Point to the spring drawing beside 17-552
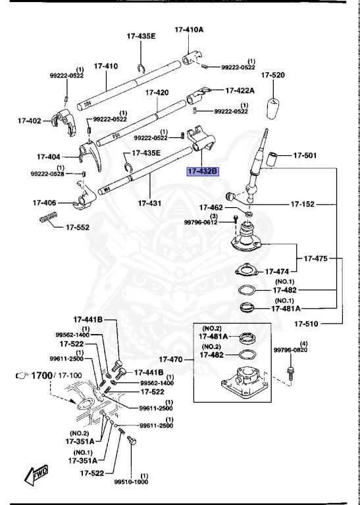coord(48,220)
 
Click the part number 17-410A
coord(190,30)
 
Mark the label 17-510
coord(307,323)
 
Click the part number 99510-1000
coord(130,481)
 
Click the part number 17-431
coord(150,203)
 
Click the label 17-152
coord(305,204)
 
